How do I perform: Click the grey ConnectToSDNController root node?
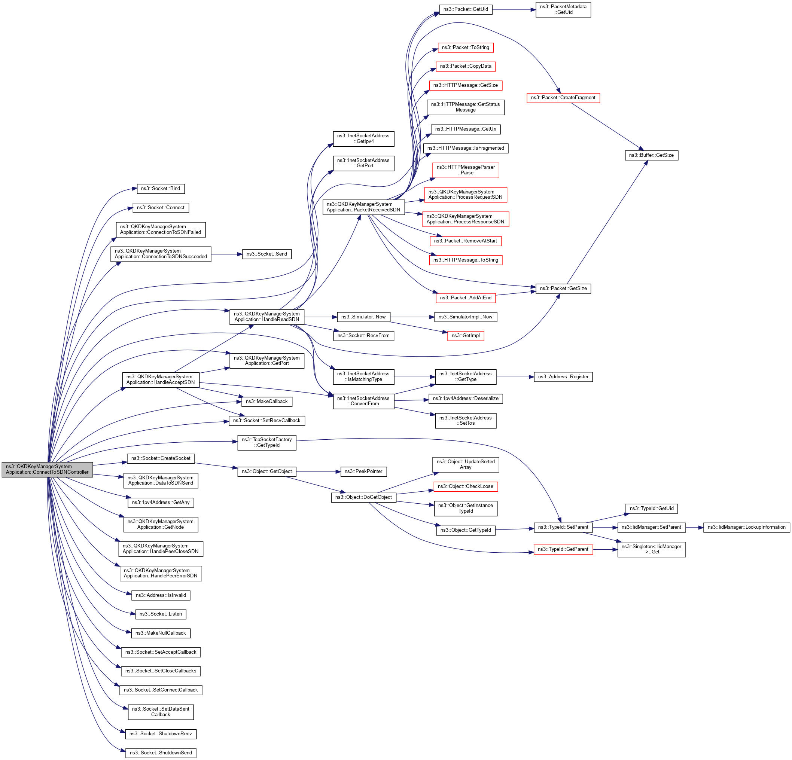47,469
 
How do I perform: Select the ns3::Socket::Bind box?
161,189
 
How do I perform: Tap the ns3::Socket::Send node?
267,254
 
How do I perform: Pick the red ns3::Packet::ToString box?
466,48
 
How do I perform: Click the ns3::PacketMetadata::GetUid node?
563,10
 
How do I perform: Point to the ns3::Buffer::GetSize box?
651,155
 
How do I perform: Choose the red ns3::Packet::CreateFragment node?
563,98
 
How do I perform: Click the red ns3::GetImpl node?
466,336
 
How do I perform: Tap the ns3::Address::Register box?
563,377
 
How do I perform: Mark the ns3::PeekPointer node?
364,471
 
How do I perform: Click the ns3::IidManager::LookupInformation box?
746,527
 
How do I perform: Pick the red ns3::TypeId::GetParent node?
563,549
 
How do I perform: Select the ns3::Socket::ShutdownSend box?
161,753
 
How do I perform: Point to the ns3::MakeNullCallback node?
161,633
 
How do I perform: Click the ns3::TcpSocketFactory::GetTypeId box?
267,442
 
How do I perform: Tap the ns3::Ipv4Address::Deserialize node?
466,399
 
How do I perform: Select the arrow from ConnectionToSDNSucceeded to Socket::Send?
226,254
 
